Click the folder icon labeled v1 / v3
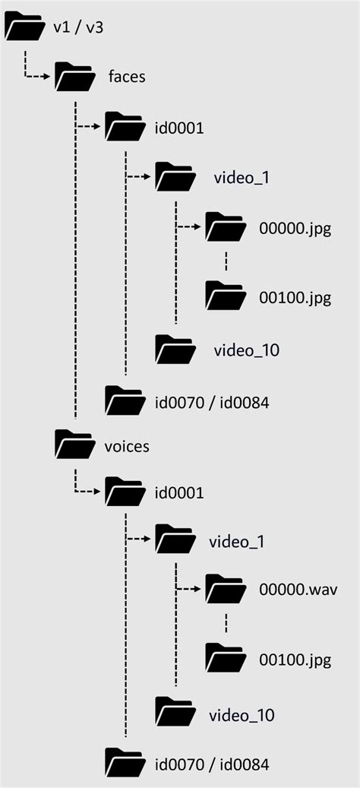click(25, 28)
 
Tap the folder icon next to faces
click(75, 77)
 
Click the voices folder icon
click(75, 445)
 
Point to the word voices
click(126, 445)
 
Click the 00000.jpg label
click(295, 229)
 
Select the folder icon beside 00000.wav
click(226, 589)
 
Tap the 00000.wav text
click(298, 590)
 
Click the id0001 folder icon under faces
click(125, 127)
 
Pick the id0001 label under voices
click(178, 493)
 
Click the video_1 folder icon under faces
click(175, 178)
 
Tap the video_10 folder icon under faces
click(175, 349)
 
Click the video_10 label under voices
click(241, 715)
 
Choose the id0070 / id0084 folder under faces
click(125, 400)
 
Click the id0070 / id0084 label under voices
click(212, 763)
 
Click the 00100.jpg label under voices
click(295, 660)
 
